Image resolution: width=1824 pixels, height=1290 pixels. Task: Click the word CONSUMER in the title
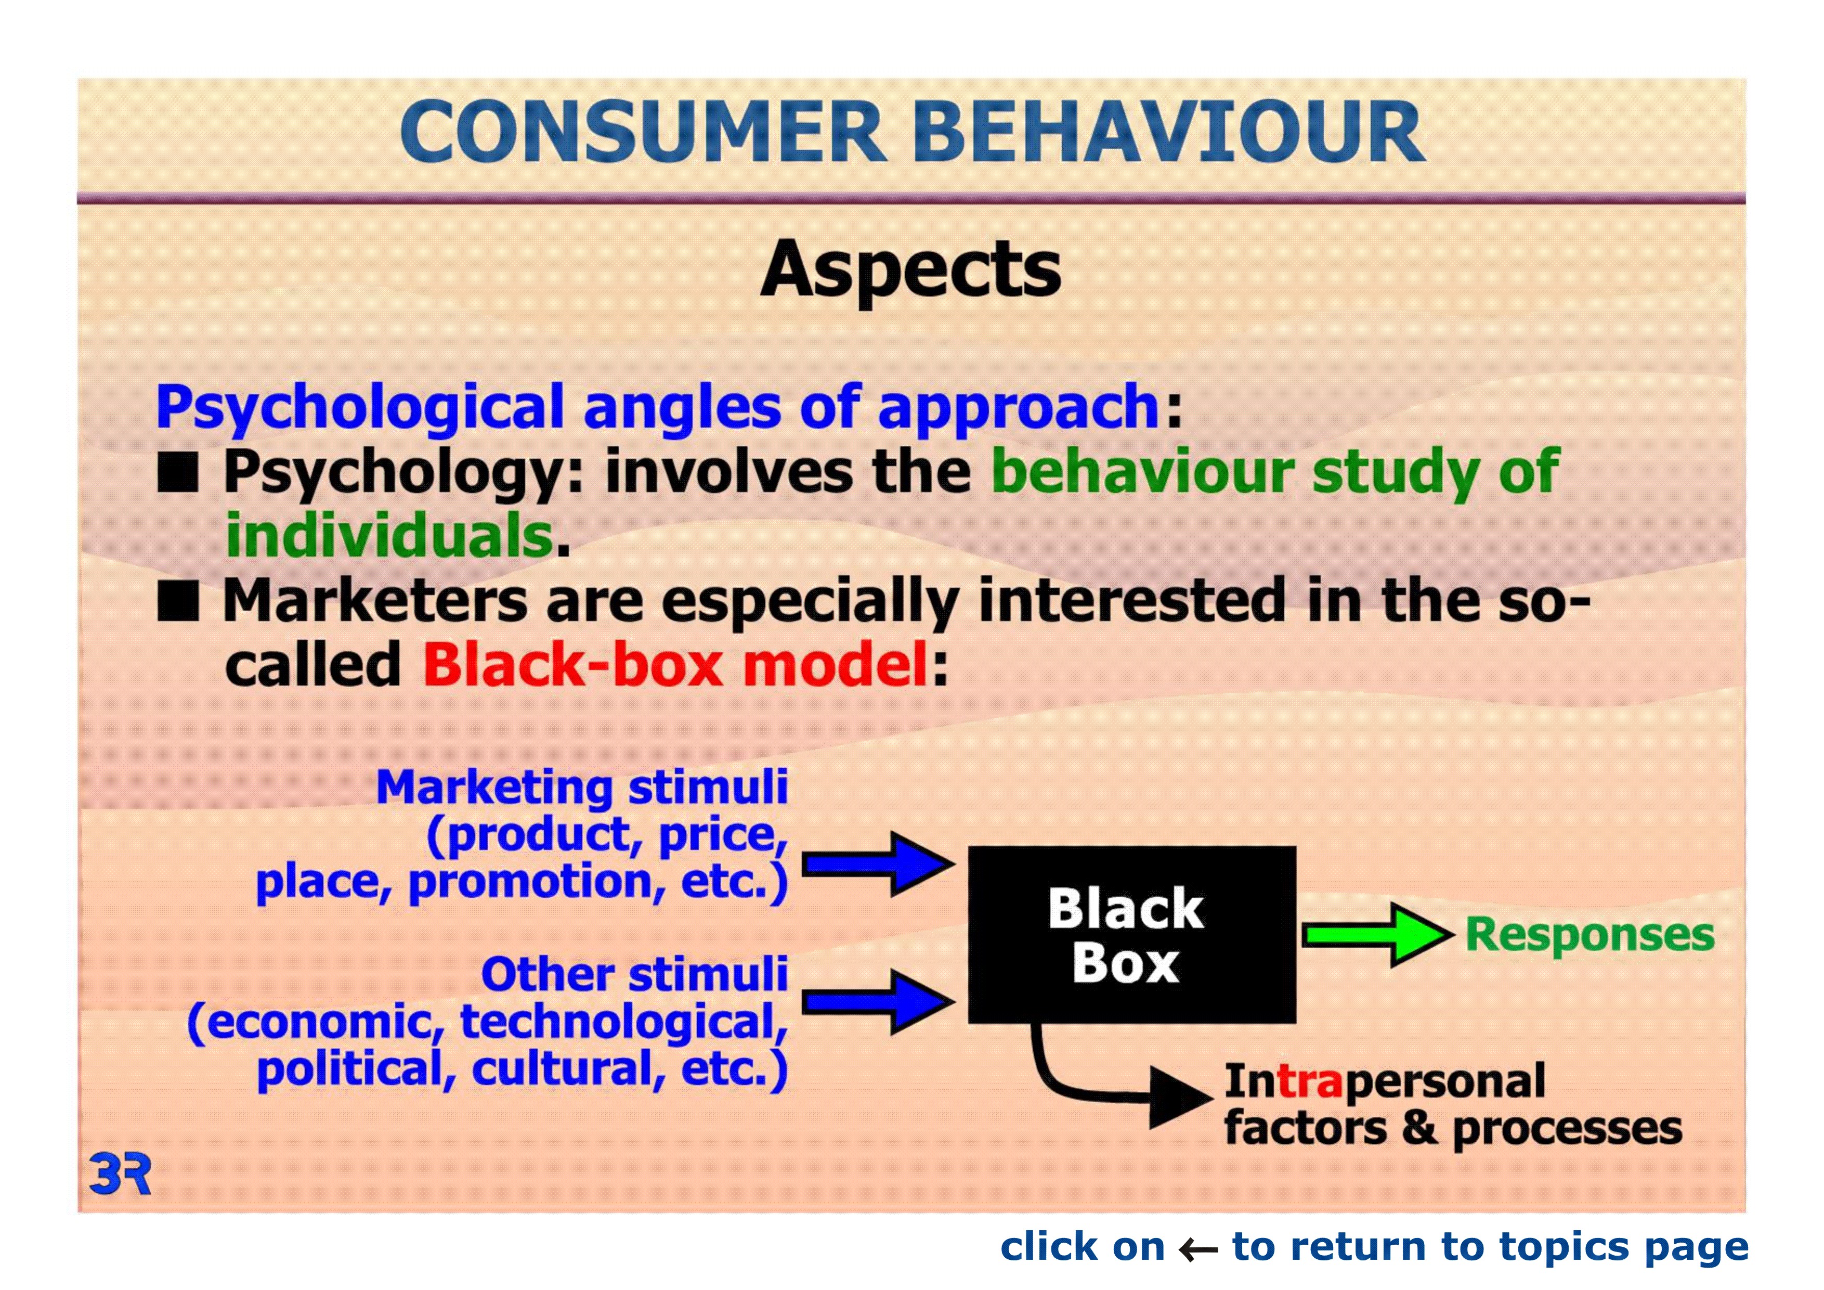644,132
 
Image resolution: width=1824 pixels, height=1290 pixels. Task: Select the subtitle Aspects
910,270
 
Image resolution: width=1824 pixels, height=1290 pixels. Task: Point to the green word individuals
389,535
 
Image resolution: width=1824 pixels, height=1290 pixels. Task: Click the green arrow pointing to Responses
1372,935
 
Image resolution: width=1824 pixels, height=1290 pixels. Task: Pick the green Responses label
1590,935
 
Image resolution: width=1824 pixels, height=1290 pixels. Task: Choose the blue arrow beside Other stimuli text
878,1001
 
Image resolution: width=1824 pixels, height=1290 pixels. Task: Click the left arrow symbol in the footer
1198,1249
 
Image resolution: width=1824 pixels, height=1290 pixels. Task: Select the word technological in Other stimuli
623,1022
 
